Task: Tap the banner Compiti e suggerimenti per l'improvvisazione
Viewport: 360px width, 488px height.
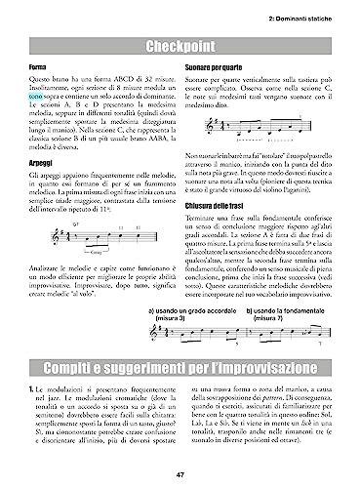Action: pos(180,369)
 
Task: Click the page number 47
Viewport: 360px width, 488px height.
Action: pos(180,475)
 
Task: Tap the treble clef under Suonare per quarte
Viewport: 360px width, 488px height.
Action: pos(199,144)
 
